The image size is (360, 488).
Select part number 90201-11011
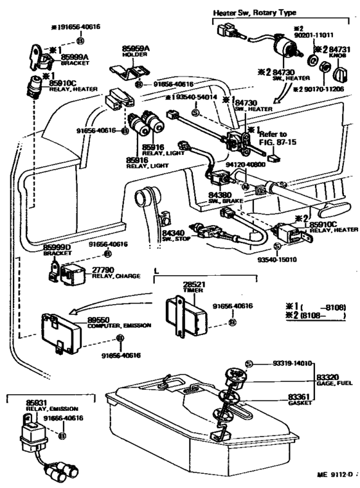coord(314,36)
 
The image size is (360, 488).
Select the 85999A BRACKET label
coord(75,59)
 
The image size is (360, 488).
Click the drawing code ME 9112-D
coord(336,474)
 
